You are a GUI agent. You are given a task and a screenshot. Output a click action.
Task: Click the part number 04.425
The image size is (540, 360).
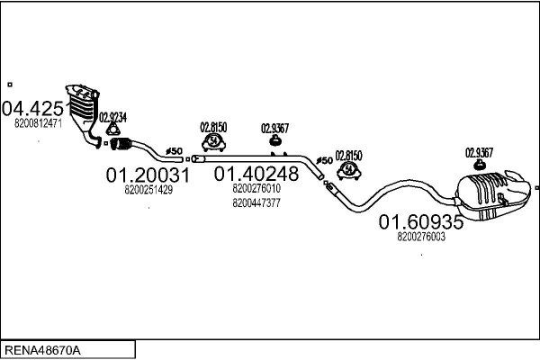pyautogui.click(x=32, y=109)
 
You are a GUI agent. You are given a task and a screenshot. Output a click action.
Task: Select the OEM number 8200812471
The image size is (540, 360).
pyautogui.click(x=38, y=123)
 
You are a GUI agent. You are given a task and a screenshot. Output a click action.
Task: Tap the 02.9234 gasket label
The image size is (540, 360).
pyautogui.click(x=113, y=118)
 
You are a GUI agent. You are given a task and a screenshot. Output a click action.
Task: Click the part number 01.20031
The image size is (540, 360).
pyautogui.click(x=148, y=175)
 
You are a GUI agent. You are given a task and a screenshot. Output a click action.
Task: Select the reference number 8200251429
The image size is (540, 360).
pyautogui.click(x=148, y=190)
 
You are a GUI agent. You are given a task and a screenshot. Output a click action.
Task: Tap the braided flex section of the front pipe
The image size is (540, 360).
pyautogui.click(x=121, y=144)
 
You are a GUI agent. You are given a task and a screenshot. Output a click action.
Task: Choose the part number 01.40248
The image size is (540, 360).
pyautogui.click(x=256, y=174)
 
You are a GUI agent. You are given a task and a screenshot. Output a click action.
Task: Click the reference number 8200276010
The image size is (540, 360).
pyautogui.click(x=256, y=188)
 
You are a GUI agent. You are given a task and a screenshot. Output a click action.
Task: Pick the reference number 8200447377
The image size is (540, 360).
pyautogui.click(x=256, y=202)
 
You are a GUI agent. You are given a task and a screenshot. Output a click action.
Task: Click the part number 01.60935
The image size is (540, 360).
pyautogui.click(x=421, y=222)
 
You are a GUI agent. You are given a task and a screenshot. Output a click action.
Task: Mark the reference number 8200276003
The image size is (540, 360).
pyautogui.click(x=421, y=237)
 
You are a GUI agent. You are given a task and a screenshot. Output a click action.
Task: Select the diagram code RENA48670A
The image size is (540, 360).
pyautogui.click(x=42, y=351)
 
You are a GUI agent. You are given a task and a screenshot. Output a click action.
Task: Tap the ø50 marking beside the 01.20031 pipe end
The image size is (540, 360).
pyautogui.click(x=174, y=151)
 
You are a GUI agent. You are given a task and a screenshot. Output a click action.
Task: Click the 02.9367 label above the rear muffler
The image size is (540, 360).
pyautogui.click(x=480, y=152)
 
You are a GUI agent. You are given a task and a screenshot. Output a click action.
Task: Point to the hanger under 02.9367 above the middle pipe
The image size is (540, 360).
pyautogui.click(x=274, y=139)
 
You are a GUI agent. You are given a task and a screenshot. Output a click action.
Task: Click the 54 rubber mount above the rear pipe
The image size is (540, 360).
pyautogui.click(x=349, y=170)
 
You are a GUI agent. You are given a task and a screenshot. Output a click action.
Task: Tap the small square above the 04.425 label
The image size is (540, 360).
pyautogui.click(x=10, y=85)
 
